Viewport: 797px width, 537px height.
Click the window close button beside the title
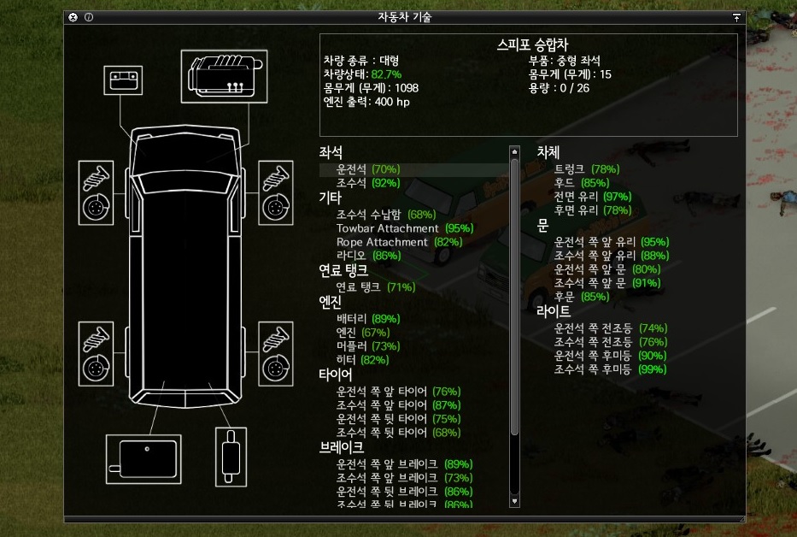[x=73, y=17]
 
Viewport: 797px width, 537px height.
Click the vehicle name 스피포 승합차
[x=532, y=44]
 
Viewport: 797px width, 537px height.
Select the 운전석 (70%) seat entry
[x=367, y=169]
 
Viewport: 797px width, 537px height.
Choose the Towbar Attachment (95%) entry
[x=404, y=228]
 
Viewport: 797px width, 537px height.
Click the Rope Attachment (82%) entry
[x=399, y=242]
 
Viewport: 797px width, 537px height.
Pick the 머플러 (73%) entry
[x=367, y=346]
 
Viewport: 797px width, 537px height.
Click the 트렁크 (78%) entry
[x=587, y=169]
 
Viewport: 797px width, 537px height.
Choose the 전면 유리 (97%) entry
[x=592, y=197]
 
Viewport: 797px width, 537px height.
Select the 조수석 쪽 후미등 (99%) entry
[x=610, y=369]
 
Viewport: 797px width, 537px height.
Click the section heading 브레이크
[x=341, y=446]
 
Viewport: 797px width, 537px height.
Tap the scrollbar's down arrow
[x=514, y=500]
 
